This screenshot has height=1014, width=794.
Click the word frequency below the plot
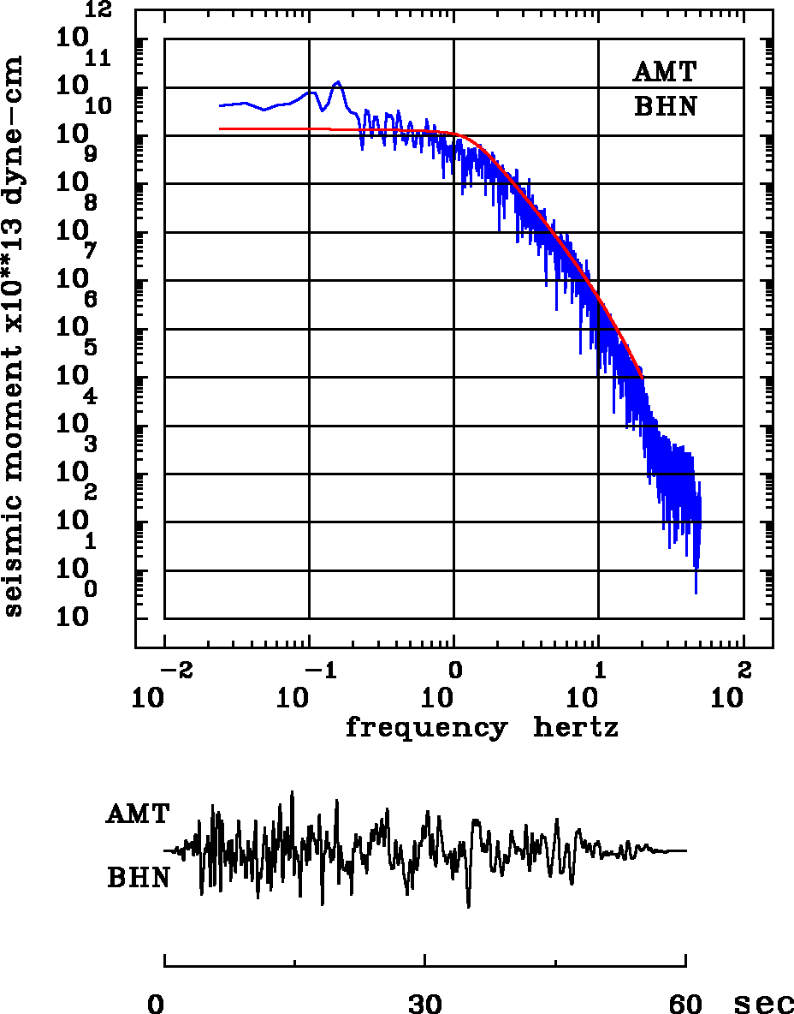click(425, 729)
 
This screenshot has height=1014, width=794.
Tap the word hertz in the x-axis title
click(576, 729)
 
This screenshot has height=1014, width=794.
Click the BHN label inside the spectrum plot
click(665, 107)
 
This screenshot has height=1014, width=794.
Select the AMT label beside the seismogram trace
click(138, 814)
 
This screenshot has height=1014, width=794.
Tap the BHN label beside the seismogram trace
click(138, 878)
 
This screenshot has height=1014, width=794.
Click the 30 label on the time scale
click(425, 1003)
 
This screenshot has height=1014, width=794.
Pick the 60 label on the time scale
click(685, 1003)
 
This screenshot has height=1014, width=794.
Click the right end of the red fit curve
click(642, 377)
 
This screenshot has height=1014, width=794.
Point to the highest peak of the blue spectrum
click(338, 82)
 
